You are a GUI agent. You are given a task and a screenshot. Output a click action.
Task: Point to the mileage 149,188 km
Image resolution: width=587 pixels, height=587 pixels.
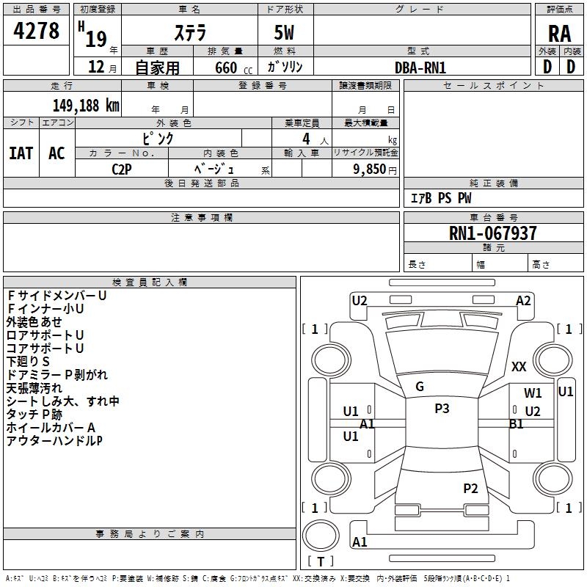86,106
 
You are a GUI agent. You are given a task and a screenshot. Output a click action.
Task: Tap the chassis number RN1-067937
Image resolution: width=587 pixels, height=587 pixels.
492,234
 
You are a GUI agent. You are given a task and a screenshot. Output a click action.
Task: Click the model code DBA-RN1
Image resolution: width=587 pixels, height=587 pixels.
420,68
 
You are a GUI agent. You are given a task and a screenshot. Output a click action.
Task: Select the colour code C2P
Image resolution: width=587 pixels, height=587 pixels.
122,169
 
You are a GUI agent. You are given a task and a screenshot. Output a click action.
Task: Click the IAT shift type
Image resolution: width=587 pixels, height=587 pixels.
21,153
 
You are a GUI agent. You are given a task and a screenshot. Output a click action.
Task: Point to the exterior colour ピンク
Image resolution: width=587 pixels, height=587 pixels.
158,138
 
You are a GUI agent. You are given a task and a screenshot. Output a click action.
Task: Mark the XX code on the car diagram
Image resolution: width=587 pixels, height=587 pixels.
519,367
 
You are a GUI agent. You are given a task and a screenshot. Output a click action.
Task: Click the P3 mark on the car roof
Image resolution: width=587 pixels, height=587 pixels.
442,409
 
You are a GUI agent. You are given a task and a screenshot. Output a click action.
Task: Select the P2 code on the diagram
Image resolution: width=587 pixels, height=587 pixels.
470,488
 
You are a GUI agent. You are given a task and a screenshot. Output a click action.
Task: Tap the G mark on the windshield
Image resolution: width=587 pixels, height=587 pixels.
420,387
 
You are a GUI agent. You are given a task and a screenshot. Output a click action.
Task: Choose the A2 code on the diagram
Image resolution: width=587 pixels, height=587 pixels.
523,300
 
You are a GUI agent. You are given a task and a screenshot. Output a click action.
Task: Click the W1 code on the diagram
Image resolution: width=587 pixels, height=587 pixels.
533,393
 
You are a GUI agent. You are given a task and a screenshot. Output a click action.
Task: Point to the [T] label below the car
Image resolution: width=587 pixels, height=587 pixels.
320,562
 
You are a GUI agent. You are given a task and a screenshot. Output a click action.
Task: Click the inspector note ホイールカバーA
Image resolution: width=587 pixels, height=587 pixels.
51,428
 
